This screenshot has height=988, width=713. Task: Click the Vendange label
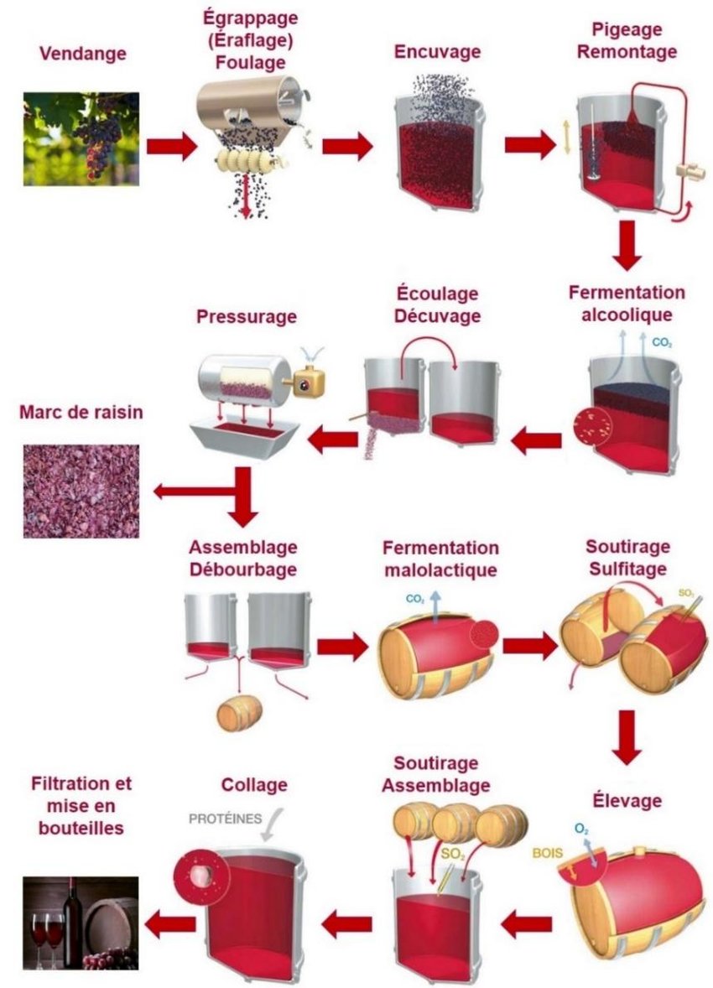click(82, 55)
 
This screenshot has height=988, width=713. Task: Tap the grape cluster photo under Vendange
click(81, 138)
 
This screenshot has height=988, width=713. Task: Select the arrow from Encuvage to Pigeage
click(528, 145)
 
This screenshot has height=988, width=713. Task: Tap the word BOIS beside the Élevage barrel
click(546, 853)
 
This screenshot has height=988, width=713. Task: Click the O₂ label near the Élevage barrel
click(580, 829)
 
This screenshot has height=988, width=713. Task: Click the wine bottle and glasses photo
click(81, 923)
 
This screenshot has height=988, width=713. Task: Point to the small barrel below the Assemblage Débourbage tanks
click(239, 714)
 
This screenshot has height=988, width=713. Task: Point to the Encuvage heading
click(437, 52)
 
